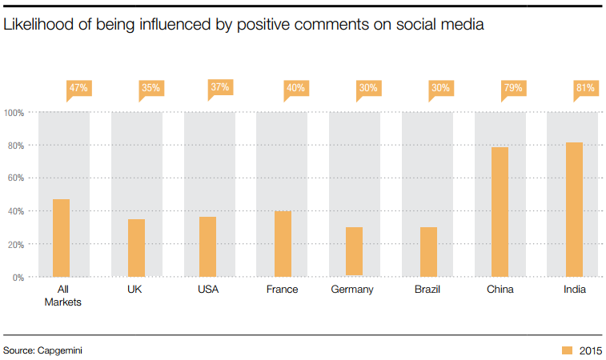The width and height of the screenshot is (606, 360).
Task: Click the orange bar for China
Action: point(500,212)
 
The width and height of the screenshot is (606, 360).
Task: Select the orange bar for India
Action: point(574,210)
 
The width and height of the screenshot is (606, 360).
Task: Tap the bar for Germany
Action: point(354,252)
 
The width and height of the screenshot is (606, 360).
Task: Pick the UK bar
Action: point(136,248)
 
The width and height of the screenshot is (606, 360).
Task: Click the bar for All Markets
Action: point(61,238)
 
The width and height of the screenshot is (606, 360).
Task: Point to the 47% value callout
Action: point(78,87)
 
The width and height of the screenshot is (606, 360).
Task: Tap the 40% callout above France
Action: point(295,87)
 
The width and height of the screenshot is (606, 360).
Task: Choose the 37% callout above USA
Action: point(221,87)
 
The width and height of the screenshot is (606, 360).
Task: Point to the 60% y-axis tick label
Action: point(15,178)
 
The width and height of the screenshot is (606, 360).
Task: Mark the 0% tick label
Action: point(18,277)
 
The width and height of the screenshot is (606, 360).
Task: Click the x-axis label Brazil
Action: point(427,290)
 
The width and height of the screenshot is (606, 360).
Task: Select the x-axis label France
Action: point(282,290)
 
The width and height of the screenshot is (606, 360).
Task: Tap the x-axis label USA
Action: point(208,290)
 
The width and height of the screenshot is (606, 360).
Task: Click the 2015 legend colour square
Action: point(567,350)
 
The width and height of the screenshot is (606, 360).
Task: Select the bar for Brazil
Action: point(427,252)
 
